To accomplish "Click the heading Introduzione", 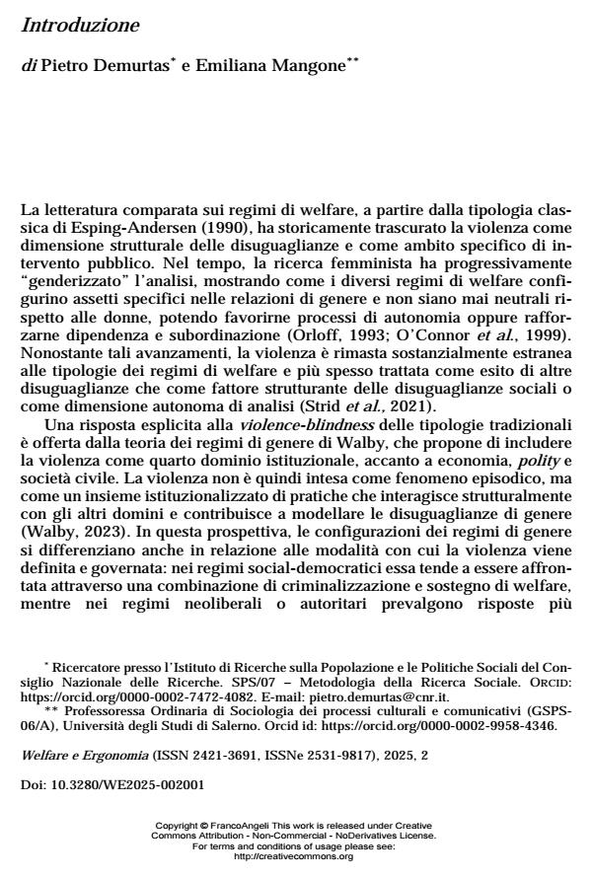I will tap(80, 25).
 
